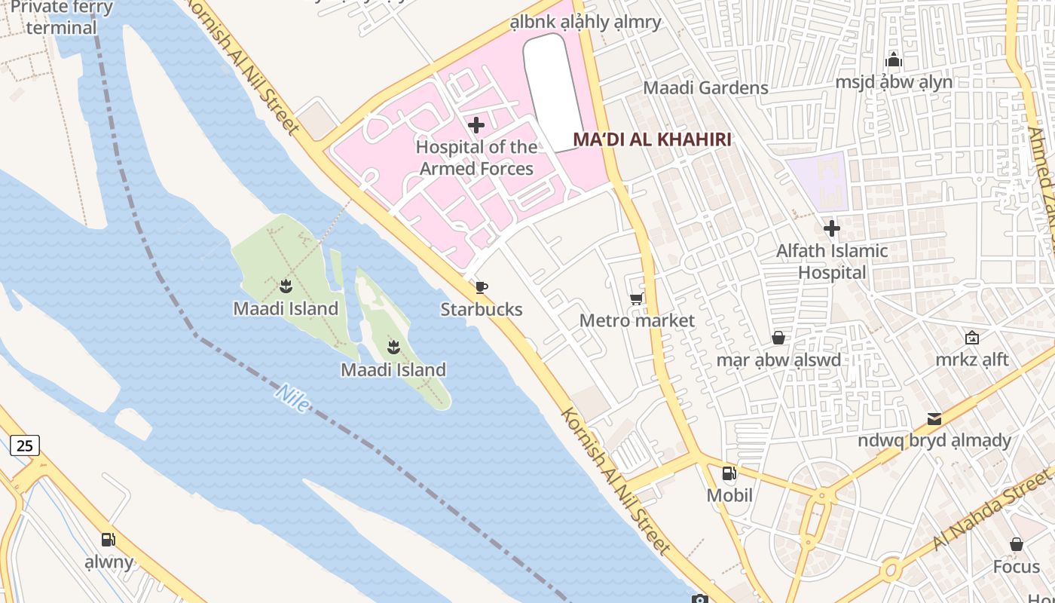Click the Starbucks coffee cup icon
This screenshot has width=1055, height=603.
tap(481, 287)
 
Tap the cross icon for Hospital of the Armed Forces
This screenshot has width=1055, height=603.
tap(476, 125)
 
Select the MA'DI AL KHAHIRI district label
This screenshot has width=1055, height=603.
tap(653, 139)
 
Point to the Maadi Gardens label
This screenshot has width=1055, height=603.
tap(705, 87)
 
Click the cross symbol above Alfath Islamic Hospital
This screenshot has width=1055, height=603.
tap(832, 228)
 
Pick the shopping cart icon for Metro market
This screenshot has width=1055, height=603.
tap(636, 299)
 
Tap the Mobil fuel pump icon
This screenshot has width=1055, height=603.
tap(729, 473)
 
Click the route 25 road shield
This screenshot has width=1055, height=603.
tap(25, 445)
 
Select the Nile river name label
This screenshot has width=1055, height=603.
tap(292, 398)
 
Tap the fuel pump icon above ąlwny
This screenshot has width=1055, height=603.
tap(109, 540)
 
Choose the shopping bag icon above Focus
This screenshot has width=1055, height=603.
tap(1016, 544)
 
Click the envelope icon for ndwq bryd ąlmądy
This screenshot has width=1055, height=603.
tap(934, 418)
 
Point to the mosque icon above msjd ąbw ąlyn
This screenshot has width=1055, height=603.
tap(894, 60)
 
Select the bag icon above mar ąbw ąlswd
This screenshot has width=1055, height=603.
tap(778, 338)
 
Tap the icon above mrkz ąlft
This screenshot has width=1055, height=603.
tap(972, 338)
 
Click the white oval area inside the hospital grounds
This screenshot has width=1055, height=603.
tap(553, 90)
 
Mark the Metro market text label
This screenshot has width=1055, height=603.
tap(637, 320)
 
